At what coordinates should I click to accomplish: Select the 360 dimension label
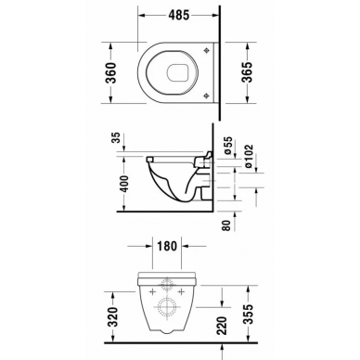111,72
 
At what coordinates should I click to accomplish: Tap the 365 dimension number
247,72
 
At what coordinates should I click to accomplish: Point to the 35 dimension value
116,137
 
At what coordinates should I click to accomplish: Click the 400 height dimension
123,184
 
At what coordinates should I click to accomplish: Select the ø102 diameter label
249,156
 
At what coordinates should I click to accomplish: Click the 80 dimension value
227,225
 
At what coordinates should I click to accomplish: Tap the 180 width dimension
167,246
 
